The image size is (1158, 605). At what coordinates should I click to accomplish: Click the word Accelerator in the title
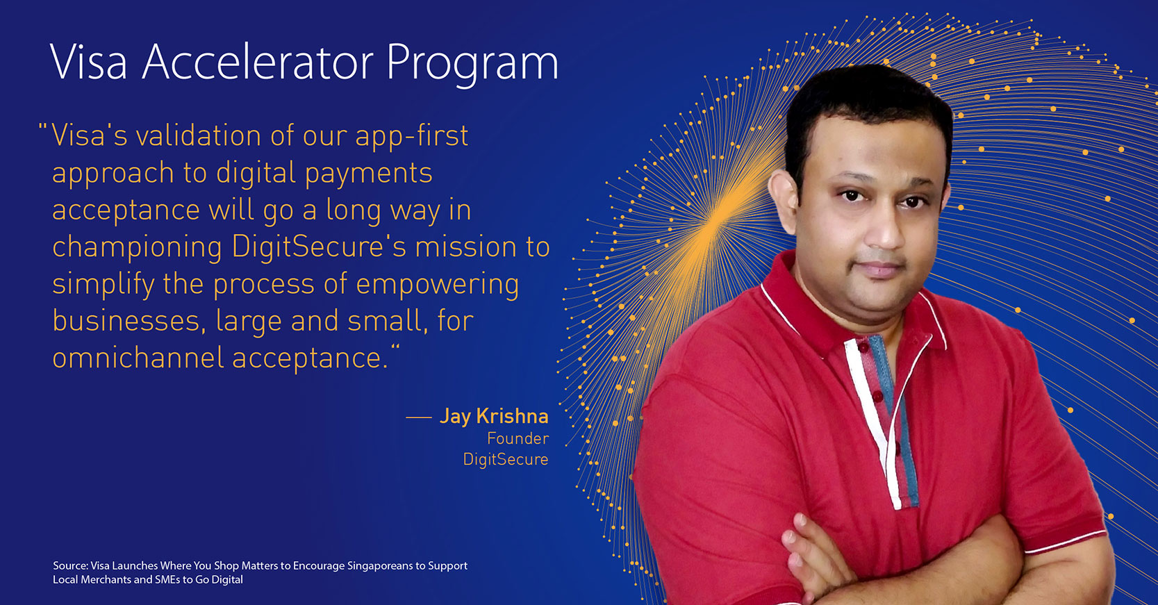[x=258, y=62]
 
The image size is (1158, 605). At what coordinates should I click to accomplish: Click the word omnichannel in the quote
[x=138, y=358]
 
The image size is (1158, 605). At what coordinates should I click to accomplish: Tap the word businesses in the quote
[x=126, y=321]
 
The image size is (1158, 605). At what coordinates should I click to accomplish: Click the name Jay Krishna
[x=494, y=416]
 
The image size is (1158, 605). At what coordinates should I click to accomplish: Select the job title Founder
[x=518, y=438]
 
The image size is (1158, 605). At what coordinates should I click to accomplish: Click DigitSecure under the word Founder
[x=506, y=460]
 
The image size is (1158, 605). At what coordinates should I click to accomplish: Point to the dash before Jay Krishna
[x=419, y=417]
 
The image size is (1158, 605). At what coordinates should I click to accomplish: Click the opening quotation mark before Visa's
[x=43, y=128]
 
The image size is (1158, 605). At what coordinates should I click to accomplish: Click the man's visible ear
[x=782, y=199]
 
